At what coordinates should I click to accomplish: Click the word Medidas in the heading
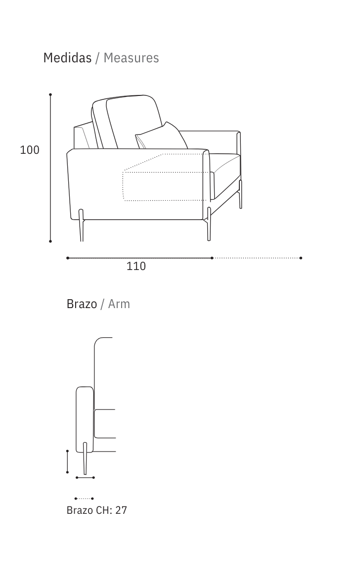click(67, 58)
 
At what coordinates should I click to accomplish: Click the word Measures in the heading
click(131, 58)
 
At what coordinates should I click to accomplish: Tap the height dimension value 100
click(30, 150)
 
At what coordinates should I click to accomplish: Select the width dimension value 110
click(136, 266)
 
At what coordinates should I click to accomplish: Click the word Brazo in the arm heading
click(82, 304)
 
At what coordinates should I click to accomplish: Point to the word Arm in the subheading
click(119, 304)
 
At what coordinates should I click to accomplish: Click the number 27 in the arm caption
click(121, 510)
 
